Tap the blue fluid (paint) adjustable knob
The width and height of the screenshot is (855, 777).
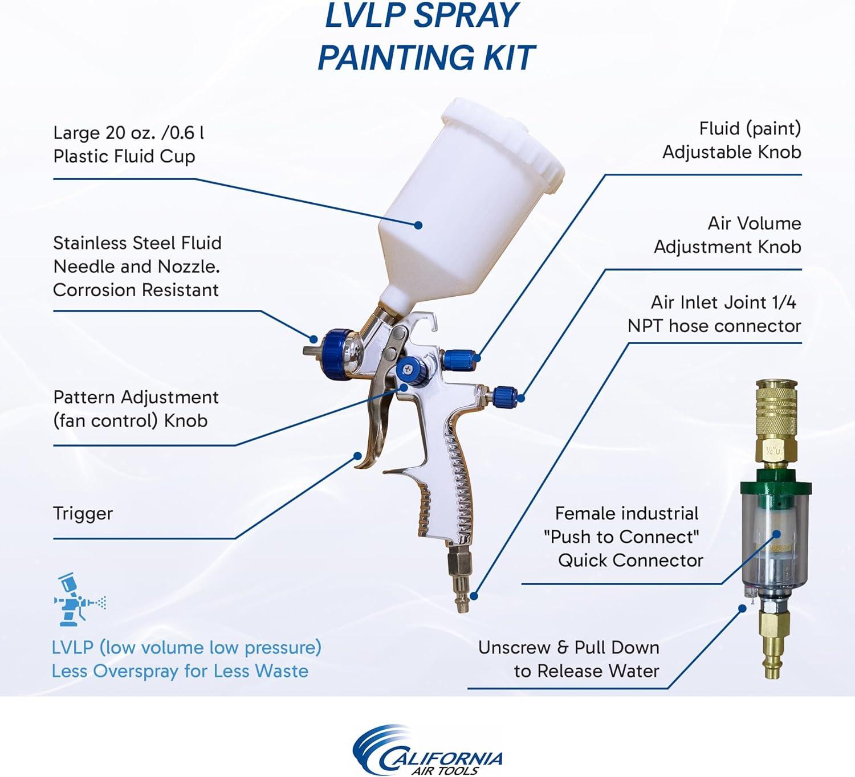click(x=458, y=358)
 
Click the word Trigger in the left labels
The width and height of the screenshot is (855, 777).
click(x=83, y=514)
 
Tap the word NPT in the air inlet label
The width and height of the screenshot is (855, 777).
click(x=645, y=326)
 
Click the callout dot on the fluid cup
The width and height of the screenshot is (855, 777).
click(x=418, y=225)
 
